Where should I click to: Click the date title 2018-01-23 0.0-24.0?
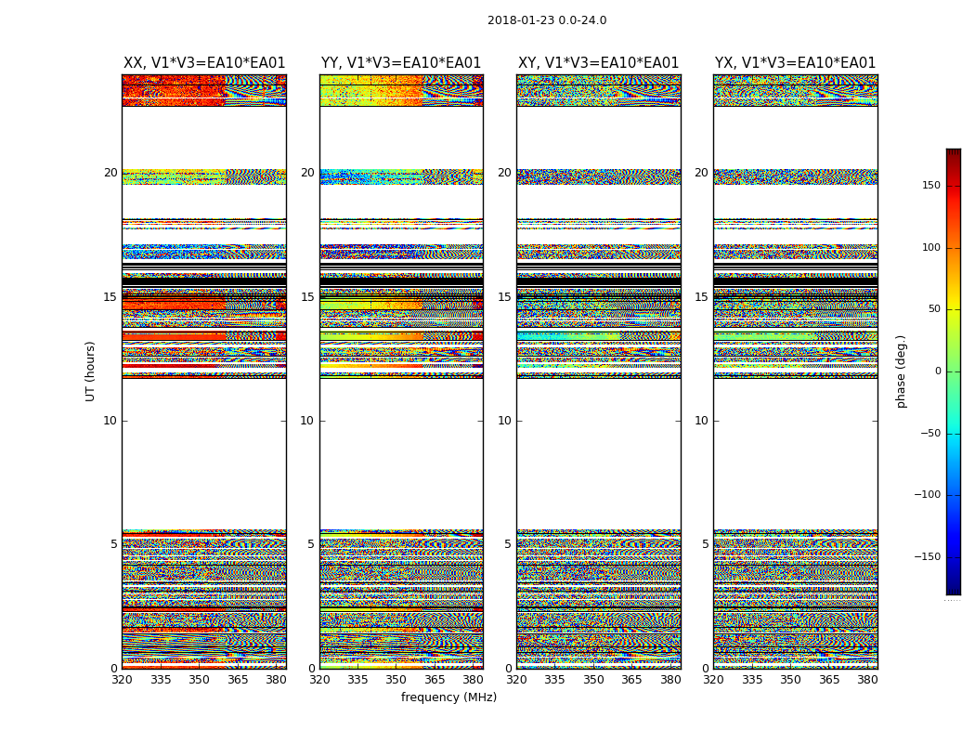[547, 20]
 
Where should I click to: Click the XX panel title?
[204, 63]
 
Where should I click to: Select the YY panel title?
[401, 63]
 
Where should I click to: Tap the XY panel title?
[598, 63]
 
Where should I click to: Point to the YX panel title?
[795, 63]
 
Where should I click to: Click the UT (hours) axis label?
[90, 371]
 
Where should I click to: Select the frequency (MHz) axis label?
[448, 697]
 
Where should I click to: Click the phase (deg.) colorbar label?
[901, 371]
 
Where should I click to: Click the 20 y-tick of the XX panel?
[110, 173]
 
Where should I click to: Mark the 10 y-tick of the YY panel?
[307, 421]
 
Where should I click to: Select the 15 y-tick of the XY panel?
[504, 297]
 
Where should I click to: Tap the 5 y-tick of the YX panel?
[705, 544]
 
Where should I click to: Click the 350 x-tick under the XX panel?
[199, 680]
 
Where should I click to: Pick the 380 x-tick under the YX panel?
[867, 680]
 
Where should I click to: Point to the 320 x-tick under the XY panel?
[516, 680]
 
